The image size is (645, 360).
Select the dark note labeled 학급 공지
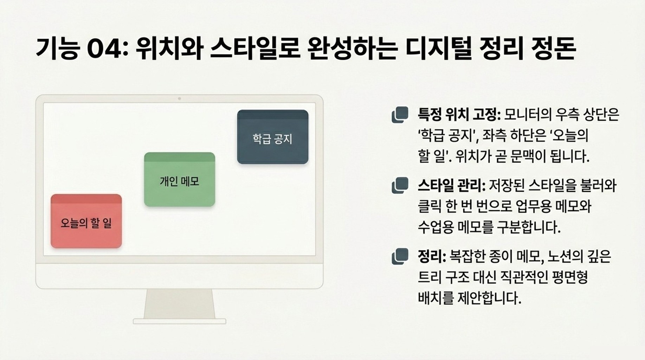pos(273,137)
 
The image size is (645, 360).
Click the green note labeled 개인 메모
pos(180,179)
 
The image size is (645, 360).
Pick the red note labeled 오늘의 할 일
pos(86,221)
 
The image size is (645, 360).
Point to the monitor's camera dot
pos(179,99)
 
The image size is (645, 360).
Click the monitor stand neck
pos(179,304)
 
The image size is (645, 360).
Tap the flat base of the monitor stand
pos(179,321)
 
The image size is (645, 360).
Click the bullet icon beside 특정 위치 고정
pos(400,115)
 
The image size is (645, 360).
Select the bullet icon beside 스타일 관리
pos(400,185)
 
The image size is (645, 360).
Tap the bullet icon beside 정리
pos(400,256)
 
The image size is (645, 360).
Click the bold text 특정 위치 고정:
pos(459,114)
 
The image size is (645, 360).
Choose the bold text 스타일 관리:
pos(452,185)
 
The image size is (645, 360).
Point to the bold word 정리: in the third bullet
pos(432,256)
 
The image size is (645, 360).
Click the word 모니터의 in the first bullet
pos(528,114)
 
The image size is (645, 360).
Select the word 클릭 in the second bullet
pos(429,206)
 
